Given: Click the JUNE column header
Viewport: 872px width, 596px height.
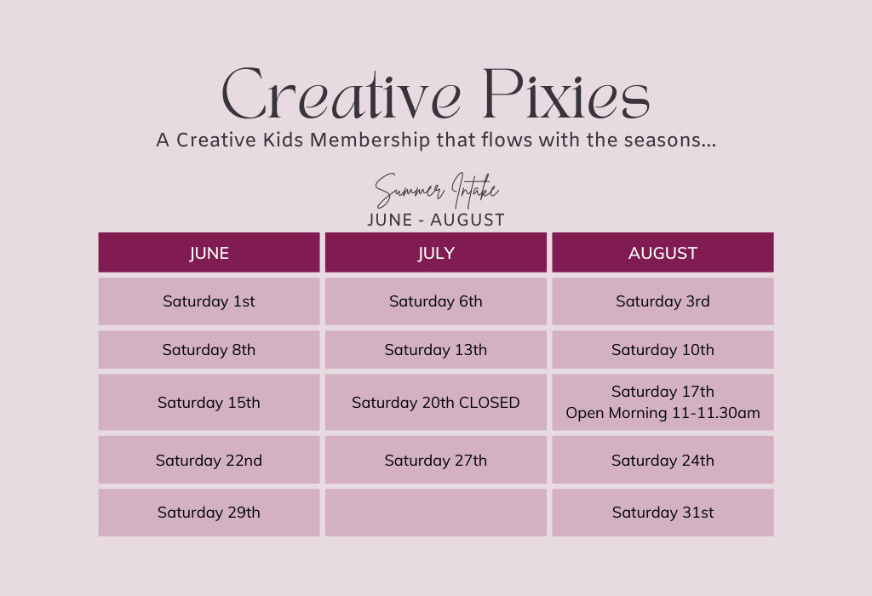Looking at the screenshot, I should coord(209,253).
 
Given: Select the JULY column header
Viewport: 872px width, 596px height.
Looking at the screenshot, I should coord(436,253).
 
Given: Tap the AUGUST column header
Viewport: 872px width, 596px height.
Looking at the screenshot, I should coord(663,253).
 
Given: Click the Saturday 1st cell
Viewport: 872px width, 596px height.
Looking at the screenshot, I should coord(209,301).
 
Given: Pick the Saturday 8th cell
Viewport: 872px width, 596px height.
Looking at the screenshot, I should coord(209,350).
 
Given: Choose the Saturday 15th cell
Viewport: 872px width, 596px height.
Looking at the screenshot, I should coord(209,403).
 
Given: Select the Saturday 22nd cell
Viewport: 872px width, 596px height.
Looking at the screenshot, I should coord(209,461).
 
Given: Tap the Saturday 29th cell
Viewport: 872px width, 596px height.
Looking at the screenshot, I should coord(209,513).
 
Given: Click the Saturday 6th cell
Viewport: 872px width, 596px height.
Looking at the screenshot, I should coord(436,301).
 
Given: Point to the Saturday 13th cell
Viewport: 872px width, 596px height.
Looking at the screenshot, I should coord(436,350).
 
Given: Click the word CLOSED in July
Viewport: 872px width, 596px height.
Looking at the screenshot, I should coord(489,403).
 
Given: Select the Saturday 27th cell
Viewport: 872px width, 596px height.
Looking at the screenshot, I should coord(436,461).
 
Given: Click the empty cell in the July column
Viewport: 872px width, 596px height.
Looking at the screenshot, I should coord(436,513).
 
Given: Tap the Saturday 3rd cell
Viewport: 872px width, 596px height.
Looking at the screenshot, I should coord(663,301).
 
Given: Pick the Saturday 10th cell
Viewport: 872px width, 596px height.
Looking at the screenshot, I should coord(663,350).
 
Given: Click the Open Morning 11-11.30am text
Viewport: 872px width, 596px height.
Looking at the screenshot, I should coord(663,414).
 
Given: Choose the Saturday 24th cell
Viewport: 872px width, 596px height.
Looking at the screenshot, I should coord(663,461).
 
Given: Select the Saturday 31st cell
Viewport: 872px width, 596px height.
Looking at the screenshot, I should coord(663,513).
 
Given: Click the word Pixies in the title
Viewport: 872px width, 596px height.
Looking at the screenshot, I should coord(565,95).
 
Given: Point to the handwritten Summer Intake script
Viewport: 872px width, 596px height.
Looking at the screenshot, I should coord(436,191).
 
